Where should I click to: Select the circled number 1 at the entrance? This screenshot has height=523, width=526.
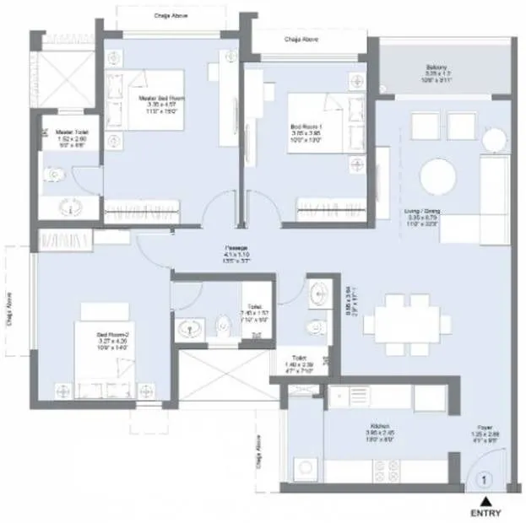(484, 480)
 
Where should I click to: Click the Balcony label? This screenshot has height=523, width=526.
(440, 74)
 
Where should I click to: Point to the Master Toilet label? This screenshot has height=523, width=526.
(73, 137)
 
